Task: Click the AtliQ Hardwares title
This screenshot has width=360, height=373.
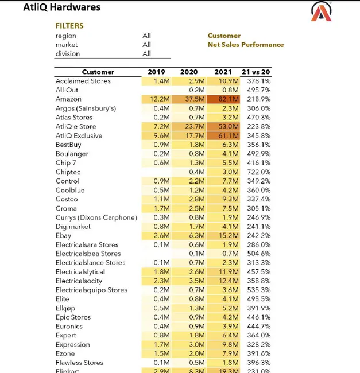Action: (x=61, y=7)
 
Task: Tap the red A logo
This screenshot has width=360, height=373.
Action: (x=321, y=11)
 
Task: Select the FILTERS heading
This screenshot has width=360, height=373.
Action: (x=69, y=26)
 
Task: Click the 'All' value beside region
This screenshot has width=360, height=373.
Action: (x=147, y=36)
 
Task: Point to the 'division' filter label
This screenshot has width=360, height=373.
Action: (x=68, y=53)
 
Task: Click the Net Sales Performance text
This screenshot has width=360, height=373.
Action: (x=246, y=45)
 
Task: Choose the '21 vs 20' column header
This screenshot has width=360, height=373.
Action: (x=256, y=72)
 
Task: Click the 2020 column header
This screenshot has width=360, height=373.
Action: (x=189, y=72)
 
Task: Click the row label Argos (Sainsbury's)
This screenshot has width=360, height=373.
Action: (x=86, y=108)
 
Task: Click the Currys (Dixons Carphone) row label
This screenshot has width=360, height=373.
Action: (x=96, y=217)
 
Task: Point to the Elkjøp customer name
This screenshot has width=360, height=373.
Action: (x=65, y=308)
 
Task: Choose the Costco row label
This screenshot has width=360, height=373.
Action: (x=67, y=199)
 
